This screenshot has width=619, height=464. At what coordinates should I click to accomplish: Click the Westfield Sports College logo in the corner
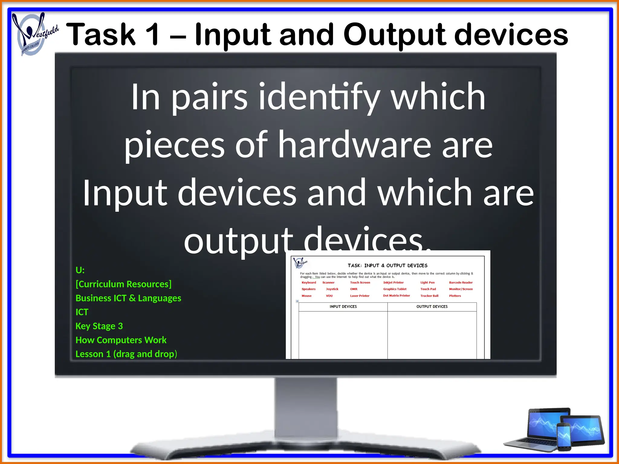point(33,34)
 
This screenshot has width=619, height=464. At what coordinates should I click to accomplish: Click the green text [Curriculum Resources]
point(123,284)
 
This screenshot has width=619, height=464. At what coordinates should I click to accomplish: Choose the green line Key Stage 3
point(99,326)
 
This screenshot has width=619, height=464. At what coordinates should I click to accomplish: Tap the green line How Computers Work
point(121,340)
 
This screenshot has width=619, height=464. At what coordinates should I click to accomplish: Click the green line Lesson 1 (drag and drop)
point(126,354)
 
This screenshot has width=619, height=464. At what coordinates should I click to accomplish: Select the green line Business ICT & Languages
point(128,298)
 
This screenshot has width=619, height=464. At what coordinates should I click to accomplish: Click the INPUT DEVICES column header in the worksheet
point(343,307)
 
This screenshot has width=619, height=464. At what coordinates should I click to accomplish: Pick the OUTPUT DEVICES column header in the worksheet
point(432,307)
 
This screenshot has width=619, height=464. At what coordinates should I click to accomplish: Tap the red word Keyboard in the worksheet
point(309,282)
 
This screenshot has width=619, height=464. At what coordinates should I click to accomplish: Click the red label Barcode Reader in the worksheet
point(461,282)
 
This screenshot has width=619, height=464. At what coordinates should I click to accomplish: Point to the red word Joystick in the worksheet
point(332,289)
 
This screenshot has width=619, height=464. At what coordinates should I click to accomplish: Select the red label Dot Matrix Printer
point(396,296)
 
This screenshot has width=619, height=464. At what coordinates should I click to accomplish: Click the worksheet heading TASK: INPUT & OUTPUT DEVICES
point(387,266)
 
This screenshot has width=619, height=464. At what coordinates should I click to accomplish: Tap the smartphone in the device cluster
point(563,437)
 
